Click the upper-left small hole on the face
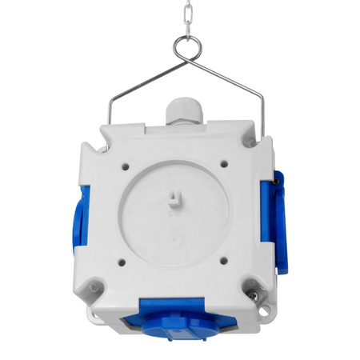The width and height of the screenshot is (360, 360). [126, 165]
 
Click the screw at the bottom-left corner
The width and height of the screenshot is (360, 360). [94, 286]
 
